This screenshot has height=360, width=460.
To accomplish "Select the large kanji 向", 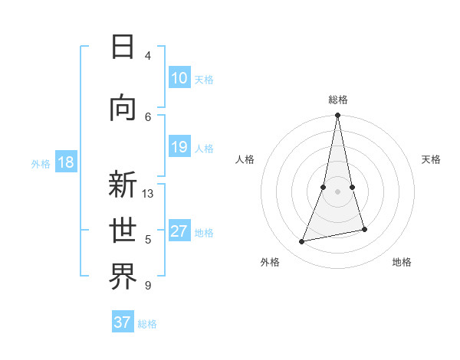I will (123, 107).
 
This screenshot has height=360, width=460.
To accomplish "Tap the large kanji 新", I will (123, 185).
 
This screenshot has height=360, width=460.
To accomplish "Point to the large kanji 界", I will (123, 277).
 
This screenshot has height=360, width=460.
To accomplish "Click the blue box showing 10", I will (179, 78).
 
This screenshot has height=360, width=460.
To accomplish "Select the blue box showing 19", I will (179, 147).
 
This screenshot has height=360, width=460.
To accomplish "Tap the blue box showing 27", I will (179, 231).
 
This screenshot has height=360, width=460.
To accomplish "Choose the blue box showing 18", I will (66, 162).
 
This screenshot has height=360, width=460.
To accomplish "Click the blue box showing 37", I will (123, 322).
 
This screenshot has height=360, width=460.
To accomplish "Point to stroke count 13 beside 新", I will (148, 194).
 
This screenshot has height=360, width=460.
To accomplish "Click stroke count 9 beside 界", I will (148, 286).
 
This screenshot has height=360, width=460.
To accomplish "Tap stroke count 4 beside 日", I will (148, 56).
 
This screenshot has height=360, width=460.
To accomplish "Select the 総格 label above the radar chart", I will (338, 100).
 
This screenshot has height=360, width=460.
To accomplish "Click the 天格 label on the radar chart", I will (432, 159).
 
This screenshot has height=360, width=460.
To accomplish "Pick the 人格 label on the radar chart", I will (245, 159).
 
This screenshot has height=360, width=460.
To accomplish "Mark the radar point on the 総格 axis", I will (337, 116).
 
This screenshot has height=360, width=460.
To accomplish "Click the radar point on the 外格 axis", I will (302, 242).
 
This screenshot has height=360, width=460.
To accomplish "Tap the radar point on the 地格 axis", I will (364, 229).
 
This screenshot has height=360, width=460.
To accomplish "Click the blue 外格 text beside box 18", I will (40, 163).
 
